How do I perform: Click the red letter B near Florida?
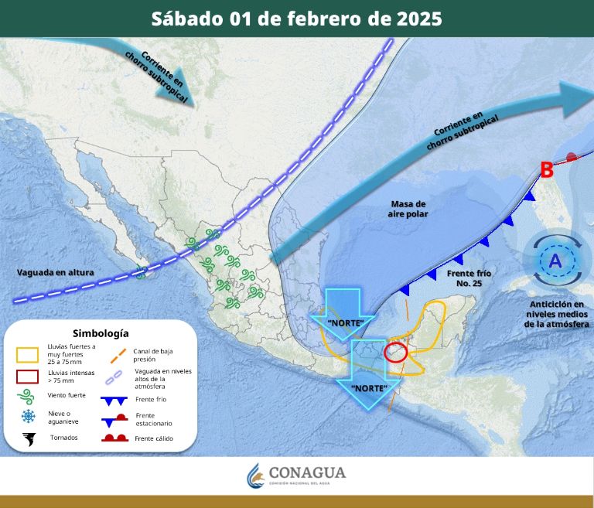pos(546,169)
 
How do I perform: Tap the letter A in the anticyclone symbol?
pos(555,262)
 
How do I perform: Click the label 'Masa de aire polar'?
pos(408,208)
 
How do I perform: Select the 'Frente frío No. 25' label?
pos(469,278)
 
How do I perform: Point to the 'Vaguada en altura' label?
pos(50,272)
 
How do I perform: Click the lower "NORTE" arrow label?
pos(369,387)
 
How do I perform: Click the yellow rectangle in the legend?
pos(28,355)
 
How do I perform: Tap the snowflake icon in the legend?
pos(28,418)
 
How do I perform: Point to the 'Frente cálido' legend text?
pos(154,438)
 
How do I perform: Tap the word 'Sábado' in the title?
pos(186,19)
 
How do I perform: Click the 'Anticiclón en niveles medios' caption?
pos(554,309)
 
